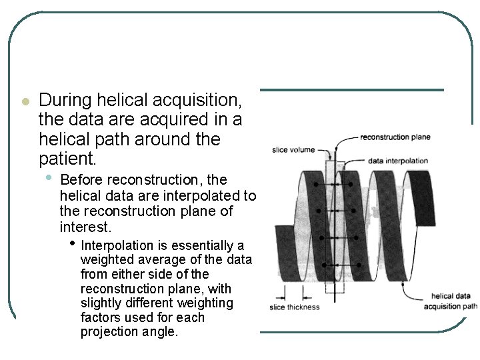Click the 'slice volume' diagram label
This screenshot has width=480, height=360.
click(x=293, y=150)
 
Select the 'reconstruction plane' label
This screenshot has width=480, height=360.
click(x=395, y=137)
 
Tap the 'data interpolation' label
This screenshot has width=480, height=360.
click(x=398, y=161)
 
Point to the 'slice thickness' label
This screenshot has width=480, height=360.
click(x=294, y=307)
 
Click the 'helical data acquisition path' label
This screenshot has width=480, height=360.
click(x=451, y=301)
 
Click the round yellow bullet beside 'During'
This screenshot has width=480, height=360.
click(x=25, y=102)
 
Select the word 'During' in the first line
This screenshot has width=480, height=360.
click(x=65, y=101)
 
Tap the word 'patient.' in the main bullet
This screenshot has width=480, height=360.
click(x=68, y=160)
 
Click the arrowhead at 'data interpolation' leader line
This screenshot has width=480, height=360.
click(x=343, y=160)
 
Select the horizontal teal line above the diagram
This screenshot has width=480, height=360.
click(x=351, y=90)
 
